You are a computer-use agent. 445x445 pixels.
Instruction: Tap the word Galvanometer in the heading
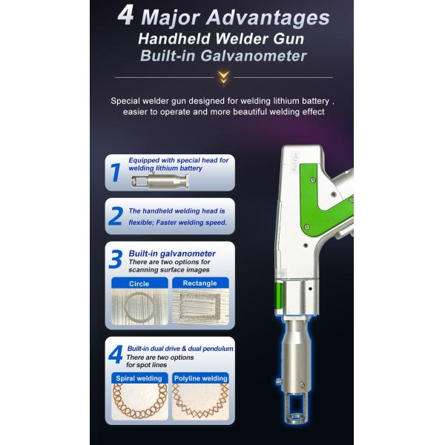254,56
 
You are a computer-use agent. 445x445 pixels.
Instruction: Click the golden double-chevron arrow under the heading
224,77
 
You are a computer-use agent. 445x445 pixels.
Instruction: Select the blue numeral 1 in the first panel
115,173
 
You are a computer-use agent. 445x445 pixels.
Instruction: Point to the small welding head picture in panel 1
159,181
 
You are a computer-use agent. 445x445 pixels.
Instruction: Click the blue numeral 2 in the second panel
116,216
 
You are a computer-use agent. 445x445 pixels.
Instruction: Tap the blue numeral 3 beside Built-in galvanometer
116,259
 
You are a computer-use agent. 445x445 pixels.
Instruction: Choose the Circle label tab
139,283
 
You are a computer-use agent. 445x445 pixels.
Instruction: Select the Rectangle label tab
200,283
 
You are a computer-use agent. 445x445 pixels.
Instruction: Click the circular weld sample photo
139,307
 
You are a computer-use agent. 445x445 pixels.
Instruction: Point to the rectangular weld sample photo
200,307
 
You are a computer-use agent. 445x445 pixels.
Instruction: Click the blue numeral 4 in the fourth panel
116,355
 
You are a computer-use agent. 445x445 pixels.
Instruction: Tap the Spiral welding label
139,378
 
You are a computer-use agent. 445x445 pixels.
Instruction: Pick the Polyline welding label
201,378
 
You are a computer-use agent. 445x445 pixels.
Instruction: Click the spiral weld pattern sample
139,402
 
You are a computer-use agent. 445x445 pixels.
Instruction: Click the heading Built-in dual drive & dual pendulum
180,349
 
